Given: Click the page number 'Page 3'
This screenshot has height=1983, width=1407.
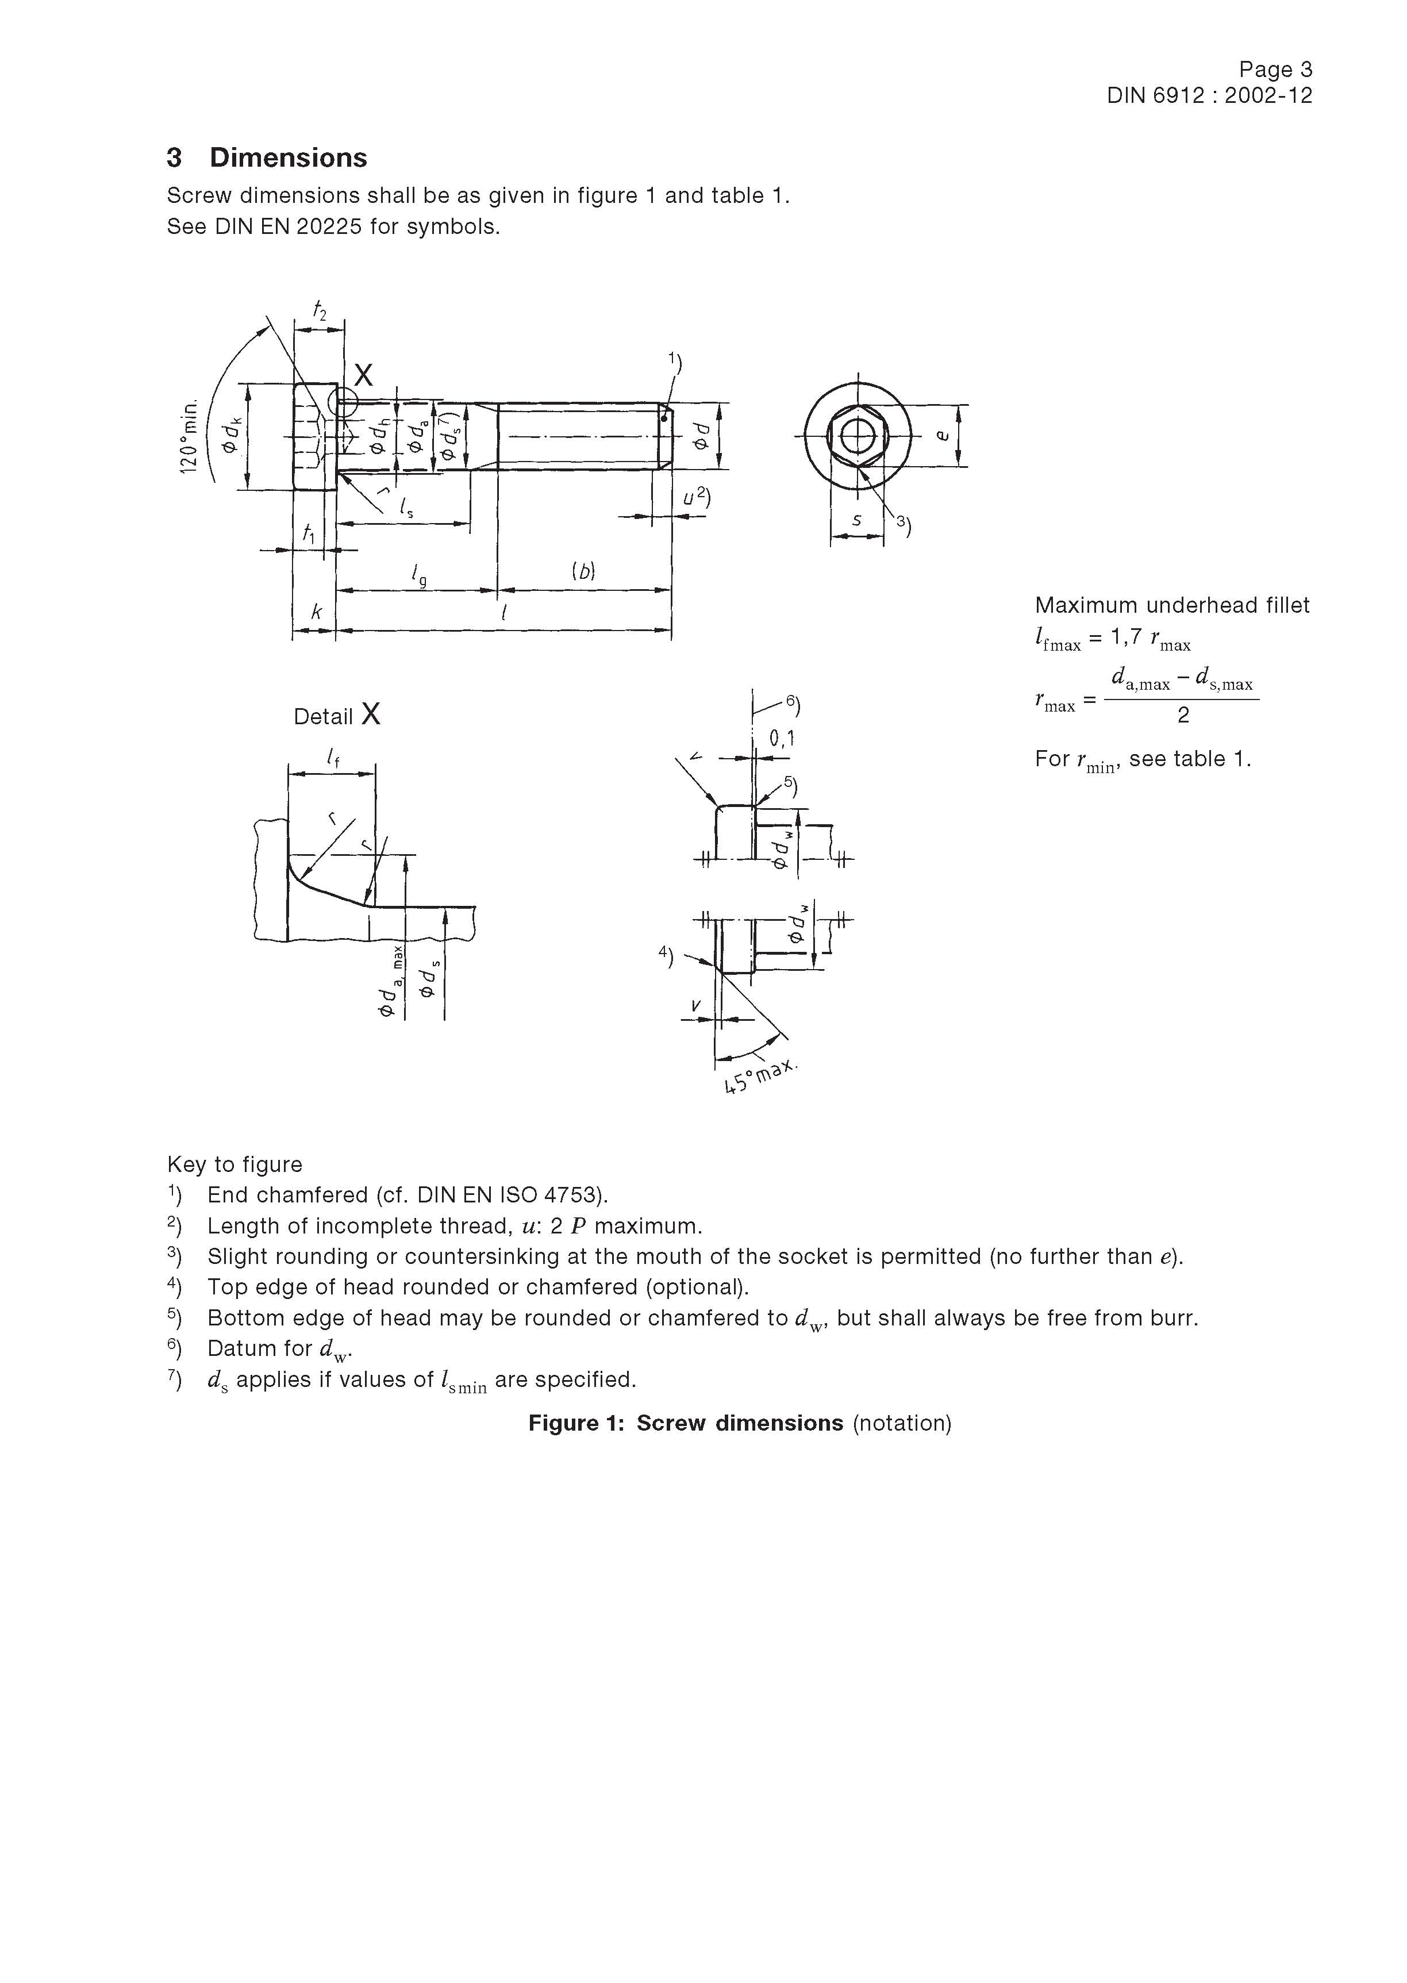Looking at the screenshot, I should click(1275, 70).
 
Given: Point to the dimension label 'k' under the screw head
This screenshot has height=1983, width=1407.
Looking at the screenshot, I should click(316, 612).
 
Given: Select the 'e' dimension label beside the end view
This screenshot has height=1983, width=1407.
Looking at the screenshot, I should click(944, 436).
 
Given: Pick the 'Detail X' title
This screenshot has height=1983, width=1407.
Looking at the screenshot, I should click(336, 716).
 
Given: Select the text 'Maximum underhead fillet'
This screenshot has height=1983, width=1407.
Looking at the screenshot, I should click(1172, 606).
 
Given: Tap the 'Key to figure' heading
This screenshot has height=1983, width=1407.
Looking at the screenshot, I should click(235, 1165).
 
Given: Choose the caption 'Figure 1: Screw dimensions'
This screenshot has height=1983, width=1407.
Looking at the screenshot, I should click(685, 1423).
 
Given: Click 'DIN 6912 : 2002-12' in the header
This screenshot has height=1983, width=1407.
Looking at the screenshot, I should click(1209, 96).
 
